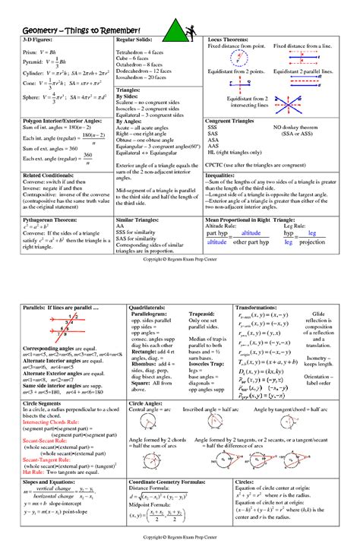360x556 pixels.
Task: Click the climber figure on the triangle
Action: pos(191,29)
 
